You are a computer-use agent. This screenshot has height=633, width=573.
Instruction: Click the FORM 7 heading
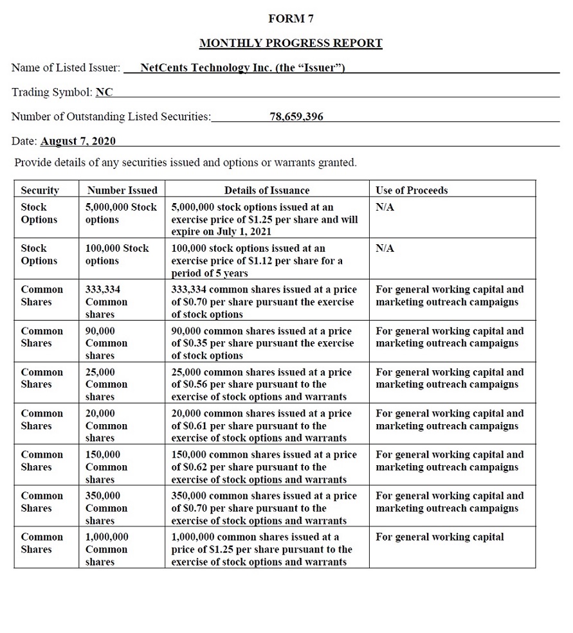[291, 19]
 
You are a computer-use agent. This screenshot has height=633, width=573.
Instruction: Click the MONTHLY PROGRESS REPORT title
[291, 43]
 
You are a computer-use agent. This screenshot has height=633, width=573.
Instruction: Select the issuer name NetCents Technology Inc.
[242, 67]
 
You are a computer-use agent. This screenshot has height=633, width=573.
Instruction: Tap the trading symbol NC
[104, 92]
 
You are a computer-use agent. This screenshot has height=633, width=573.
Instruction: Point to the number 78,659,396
[296, 116]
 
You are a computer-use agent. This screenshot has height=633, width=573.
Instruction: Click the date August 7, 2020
[78, 141]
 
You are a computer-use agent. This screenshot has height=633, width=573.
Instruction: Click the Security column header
[40, 190]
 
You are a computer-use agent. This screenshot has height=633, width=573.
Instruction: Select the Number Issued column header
[122, 190]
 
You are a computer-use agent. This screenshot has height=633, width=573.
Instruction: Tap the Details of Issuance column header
[266, 190]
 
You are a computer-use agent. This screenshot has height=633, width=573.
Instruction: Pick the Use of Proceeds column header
[412, 190]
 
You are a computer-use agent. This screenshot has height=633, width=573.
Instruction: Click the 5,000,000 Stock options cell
[121, 213]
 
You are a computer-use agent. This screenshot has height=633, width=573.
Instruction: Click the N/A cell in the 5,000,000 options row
[385, 207]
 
